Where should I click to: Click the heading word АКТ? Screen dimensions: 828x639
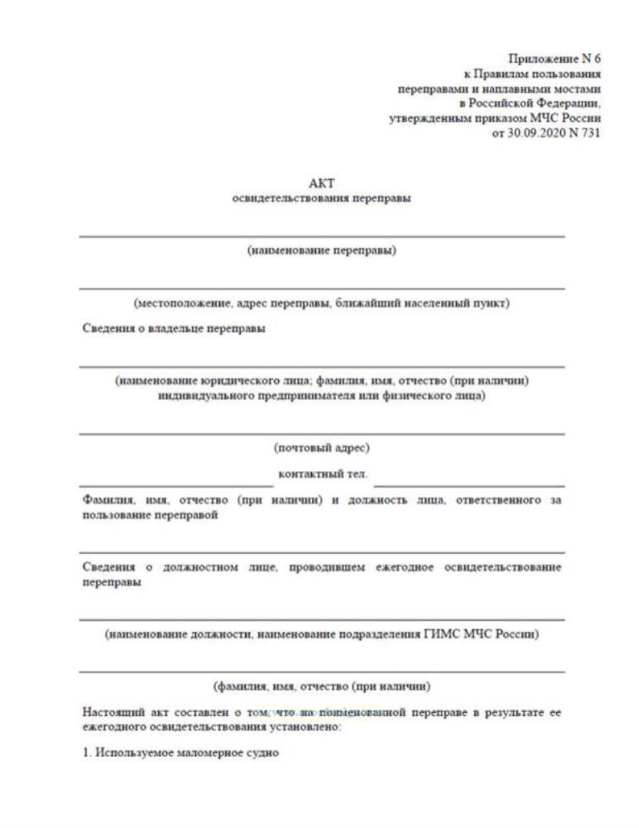(322, 183)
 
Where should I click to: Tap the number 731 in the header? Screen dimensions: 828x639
(590, 133)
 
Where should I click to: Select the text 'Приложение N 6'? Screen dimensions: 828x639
(554, 59)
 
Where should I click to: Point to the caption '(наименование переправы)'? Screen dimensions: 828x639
(322, 250)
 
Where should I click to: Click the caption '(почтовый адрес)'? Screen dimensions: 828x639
(322, 448)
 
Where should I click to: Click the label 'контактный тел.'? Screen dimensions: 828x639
(323, 474)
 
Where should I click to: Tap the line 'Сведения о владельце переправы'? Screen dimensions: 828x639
(174, 329)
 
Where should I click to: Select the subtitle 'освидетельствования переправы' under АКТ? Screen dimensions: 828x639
(322, 199)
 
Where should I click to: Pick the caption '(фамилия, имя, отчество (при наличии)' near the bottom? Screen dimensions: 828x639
(322, 686)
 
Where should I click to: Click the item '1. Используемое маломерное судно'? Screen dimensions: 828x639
(181, 752)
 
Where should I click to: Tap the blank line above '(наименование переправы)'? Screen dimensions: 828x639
(322, 236)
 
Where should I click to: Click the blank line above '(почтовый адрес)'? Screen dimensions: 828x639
(322, 434)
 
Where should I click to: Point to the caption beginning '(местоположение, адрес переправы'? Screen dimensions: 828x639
(322, 303)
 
